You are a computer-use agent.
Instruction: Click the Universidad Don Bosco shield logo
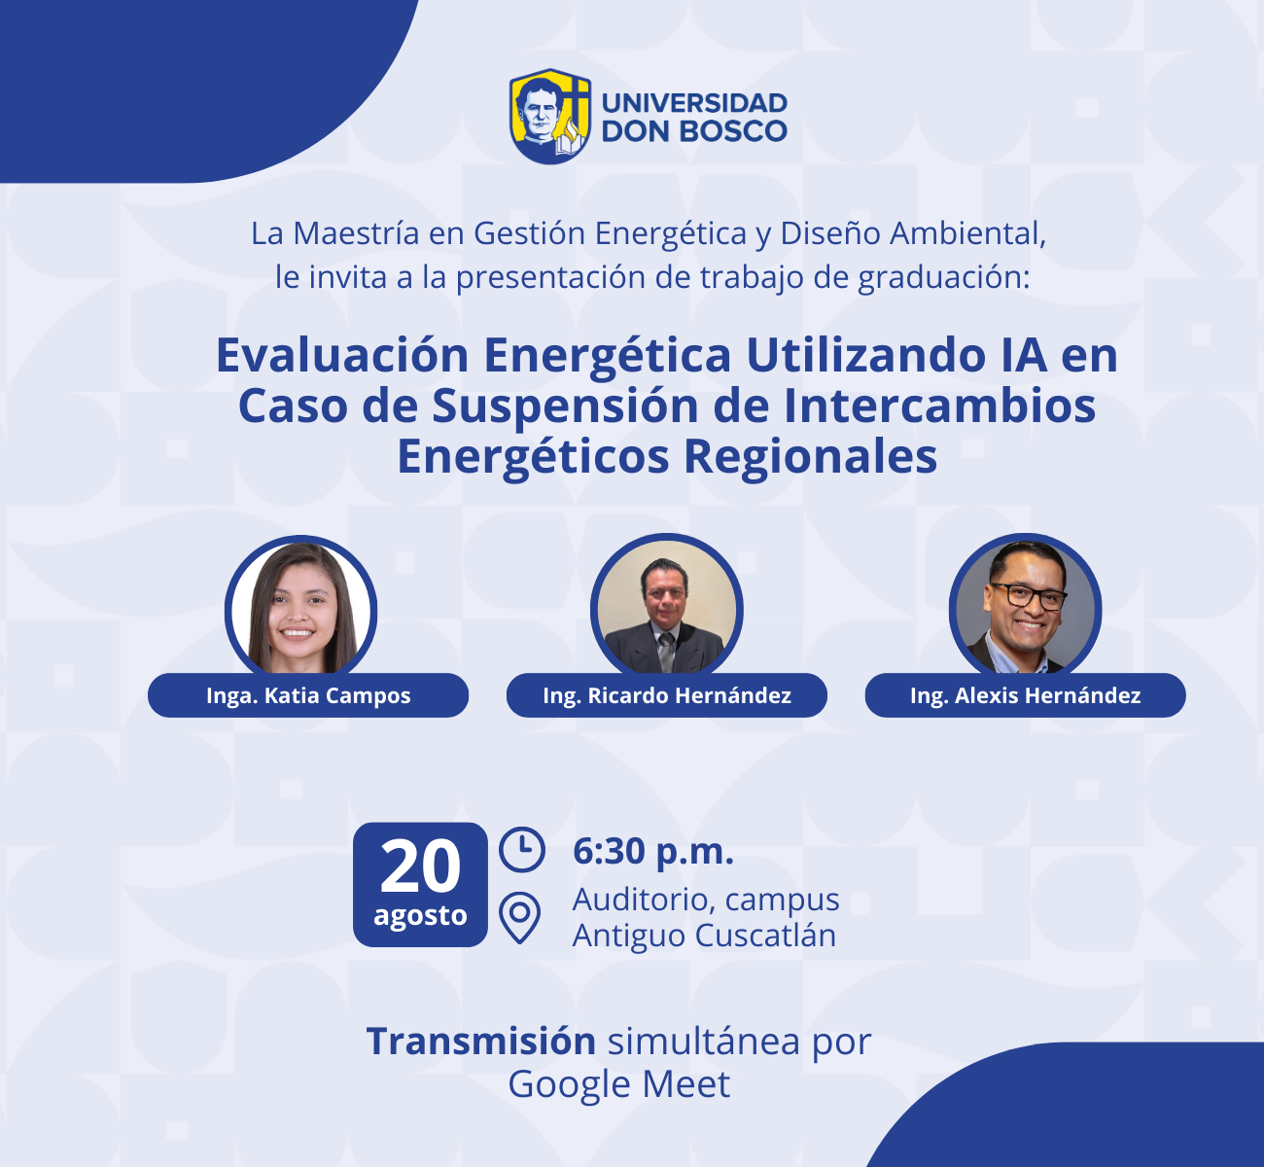coord(550,116)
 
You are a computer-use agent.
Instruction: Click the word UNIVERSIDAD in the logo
coord(694,103)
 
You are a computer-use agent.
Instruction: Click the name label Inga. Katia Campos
coord(308,695)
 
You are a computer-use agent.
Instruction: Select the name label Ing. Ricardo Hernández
coord(666,695)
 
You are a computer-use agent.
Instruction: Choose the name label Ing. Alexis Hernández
coord(1025,695)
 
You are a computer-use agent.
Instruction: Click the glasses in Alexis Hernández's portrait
coord(1027,596)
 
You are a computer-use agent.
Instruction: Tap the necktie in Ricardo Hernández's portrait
coord(666,651)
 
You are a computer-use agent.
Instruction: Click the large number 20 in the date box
coord(420,866)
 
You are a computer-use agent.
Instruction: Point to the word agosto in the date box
coord(420,916)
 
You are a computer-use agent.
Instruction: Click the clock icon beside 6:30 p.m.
coord(522,849)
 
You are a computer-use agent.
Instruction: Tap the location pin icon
coord(519,917)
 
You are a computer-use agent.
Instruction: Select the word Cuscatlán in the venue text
coord(765,936)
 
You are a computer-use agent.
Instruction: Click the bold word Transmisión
coord(481,1042)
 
